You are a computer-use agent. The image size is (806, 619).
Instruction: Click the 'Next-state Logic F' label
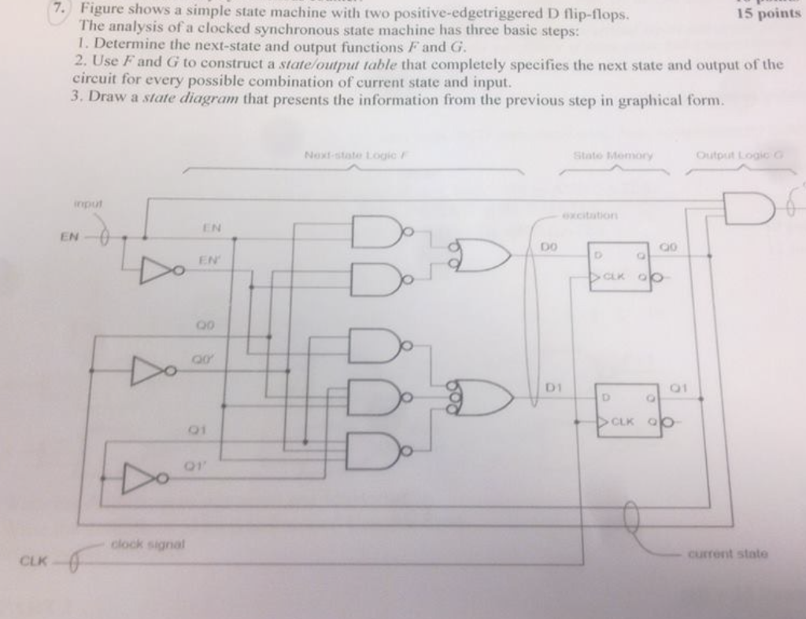[x=353, y=155]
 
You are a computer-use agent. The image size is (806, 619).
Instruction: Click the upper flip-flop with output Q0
[x=621, y=266]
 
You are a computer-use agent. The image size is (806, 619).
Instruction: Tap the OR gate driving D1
[x=484, y=397]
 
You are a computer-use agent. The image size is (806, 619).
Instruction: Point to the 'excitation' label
[x=590, y=214]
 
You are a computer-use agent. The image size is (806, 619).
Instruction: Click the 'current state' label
[x=727, y=554]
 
